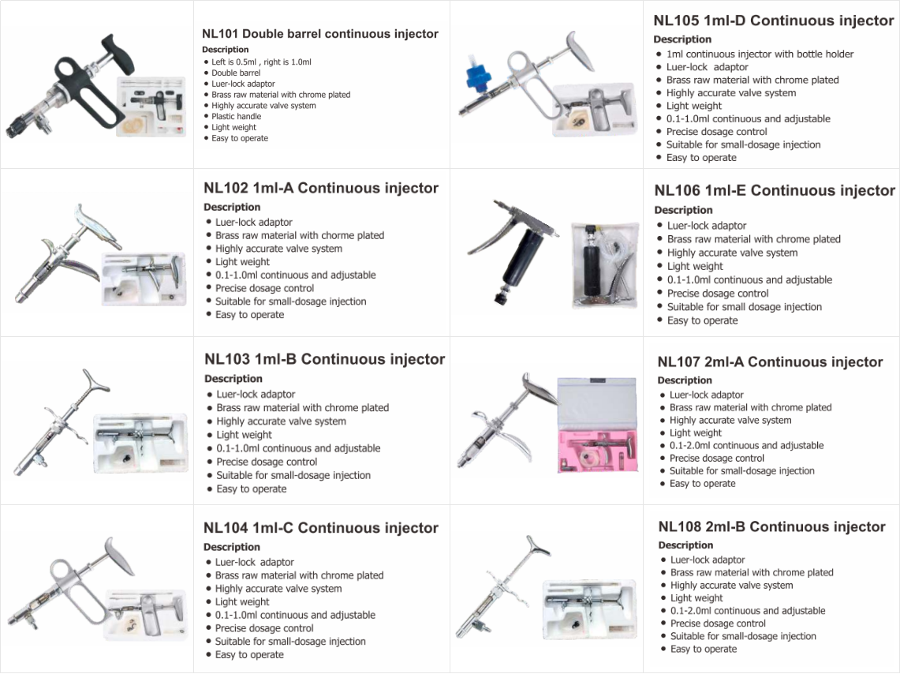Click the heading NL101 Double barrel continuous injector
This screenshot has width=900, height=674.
pyautogui.click(x=319, y=34)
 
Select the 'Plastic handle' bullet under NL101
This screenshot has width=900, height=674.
pyautogui.click(x=236, y=117)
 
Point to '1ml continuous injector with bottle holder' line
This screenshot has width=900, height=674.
pyautogui.click(x=760, y=54)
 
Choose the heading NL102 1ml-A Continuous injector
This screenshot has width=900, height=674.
pyautogui.click(x=321, y=189)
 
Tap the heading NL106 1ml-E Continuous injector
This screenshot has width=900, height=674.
pyautogui.click(x=775, y=191)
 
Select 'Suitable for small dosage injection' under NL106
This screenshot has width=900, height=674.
pyautogui.click(x=744, y=307)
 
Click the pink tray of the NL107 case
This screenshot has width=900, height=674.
pyautogui.click(x=597, y=451)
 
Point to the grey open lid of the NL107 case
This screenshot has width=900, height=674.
pyautogui.click(x=597, y=403)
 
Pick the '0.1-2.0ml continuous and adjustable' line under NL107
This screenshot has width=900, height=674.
pyautogui.click(x=746, y=445)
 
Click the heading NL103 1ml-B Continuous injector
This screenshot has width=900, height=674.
pyautogui.click(x=324, y=359)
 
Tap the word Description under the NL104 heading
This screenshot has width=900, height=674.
pyautogui.click(x=231, y=547)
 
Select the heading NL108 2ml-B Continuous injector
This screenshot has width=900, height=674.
pyautogui.click(x=771, y=527)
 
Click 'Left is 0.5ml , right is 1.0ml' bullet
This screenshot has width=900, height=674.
pyautogui.click(x=261, y=62)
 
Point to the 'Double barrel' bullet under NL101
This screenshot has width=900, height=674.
pyautogui.click(x=235, y=73)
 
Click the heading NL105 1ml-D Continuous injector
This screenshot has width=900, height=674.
pyautogui.click(x=773, y=21)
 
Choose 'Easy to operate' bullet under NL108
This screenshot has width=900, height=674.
pyautogui.click(x=703, y=650)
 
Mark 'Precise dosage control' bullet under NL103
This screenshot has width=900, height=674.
pyautogui.click(x=267, y=462)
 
